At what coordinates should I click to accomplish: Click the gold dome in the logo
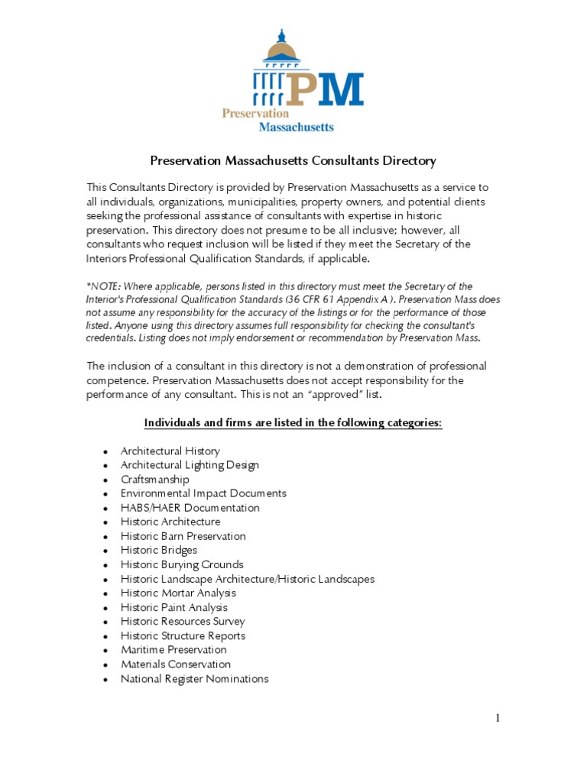(x=281, y=51)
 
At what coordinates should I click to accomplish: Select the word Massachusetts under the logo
(x=296, y=127)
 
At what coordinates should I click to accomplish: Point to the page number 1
(x=497, y=717)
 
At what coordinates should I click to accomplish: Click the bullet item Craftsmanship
(x=154, y=480)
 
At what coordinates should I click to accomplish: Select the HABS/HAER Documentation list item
(x=190, y=508)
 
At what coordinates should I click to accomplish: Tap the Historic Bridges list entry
(x=158, y=551)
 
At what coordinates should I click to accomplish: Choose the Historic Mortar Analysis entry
(x=178, y=593)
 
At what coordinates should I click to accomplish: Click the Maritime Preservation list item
(x=174, y=650)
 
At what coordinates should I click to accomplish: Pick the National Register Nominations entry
(x=194, y=678)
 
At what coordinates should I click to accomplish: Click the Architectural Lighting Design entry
(x=190, y=465)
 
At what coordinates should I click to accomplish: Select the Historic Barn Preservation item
(x=183, y=536)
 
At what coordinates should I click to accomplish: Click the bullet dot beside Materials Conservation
(x=105, y=665)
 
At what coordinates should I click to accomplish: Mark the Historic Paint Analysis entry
(x=174, y=608)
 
